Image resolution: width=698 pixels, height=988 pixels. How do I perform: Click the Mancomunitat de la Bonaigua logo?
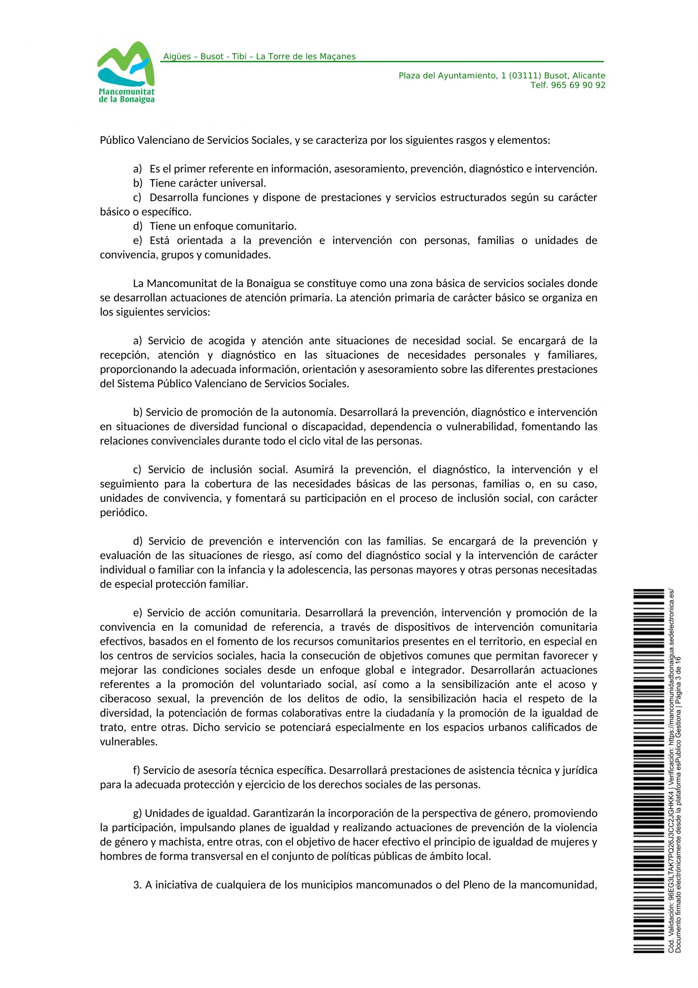(x=126, y=72)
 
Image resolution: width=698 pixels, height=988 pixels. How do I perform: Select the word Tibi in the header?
(x=239, y=57)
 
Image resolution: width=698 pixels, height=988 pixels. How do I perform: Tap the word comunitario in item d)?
(x=266, y=226)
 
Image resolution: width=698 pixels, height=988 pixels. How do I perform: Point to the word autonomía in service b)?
(x=307, y=412)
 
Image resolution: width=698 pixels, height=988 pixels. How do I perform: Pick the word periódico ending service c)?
(x=123, y=513)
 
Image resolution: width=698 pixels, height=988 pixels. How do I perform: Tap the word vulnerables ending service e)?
(x=128, y=741)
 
